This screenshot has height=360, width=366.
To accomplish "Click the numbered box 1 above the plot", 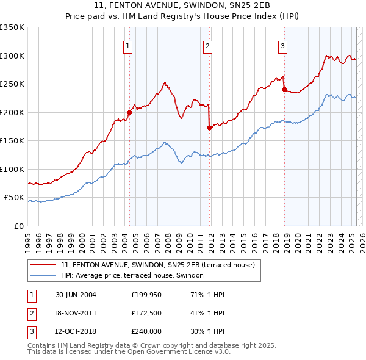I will pos(129,45).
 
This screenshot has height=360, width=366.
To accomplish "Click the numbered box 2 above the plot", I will pos(207,45).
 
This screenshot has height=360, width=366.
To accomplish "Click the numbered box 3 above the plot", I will pos(283,45).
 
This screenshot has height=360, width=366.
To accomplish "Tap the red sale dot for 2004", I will pos(129,112).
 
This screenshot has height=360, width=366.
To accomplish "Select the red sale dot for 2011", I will pos(209,128).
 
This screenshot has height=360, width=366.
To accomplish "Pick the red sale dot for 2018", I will pos(284,89).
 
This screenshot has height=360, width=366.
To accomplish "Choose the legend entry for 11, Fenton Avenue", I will pos(161,265).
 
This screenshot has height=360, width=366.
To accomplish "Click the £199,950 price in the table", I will pos(146,295).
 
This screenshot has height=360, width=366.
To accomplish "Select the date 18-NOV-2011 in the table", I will pos(76,313).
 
